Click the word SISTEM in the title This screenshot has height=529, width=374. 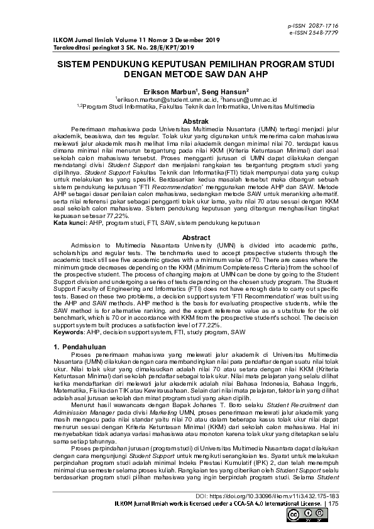[x=76, y=64]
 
